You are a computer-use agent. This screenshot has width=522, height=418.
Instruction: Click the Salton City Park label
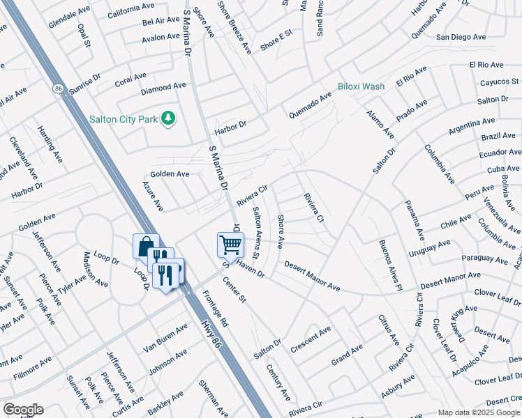pyautogui.click(x=123, y=119)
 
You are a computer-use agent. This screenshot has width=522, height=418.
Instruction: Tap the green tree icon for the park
pyautogui.click(x=167, y=119)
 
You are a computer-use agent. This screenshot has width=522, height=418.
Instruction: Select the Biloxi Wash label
pyautogui.click(x=361, y=86)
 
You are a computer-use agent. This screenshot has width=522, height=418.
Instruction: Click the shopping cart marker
pyautogui.click(x=230, y=245)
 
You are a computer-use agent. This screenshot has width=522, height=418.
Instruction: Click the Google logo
pyautogui.click(x=23, y=410)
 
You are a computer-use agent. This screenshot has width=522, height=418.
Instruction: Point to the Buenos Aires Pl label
pyautogui.click(x=391, y=265)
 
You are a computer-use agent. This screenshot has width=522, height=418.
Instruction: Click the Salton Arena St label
pyautogui.click(x=256, y=233)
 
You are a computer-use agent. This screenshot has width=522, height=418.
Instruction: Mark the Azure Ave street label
pyautogui.click(x=153, y=196)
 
